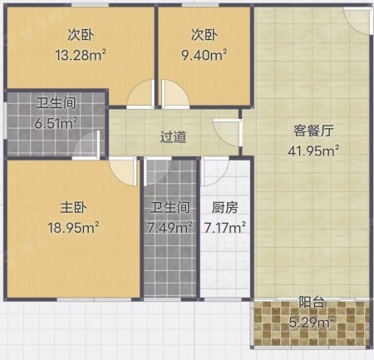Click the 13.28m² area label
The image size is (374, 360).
tap(81, 55)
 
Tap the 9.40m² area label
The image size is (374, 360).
tap(204, 55)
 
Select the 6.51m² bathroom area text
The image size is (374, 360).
tap(56, 123)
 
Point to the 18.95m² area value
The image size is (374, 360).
tap(73, 228)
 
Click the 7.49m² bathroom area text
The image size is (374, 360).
tap(170, 228)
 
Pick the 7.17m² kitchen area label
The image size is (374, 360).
tap(225, 228)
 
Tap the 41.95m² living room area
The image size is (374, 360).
tap(313, 150)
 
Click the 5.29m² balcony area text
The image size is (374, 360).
tap(312, 322)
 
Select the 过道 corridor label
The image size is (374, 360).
tap(174, 137)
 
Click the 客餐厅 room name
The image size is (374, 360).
tap(313, 131)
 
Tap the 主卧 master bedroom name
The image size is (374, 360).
tap(74, 207)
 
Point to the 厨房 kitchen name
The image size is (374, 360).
tap(225, 207)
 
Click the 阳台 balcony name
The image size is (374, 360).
tap(312, 302)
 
